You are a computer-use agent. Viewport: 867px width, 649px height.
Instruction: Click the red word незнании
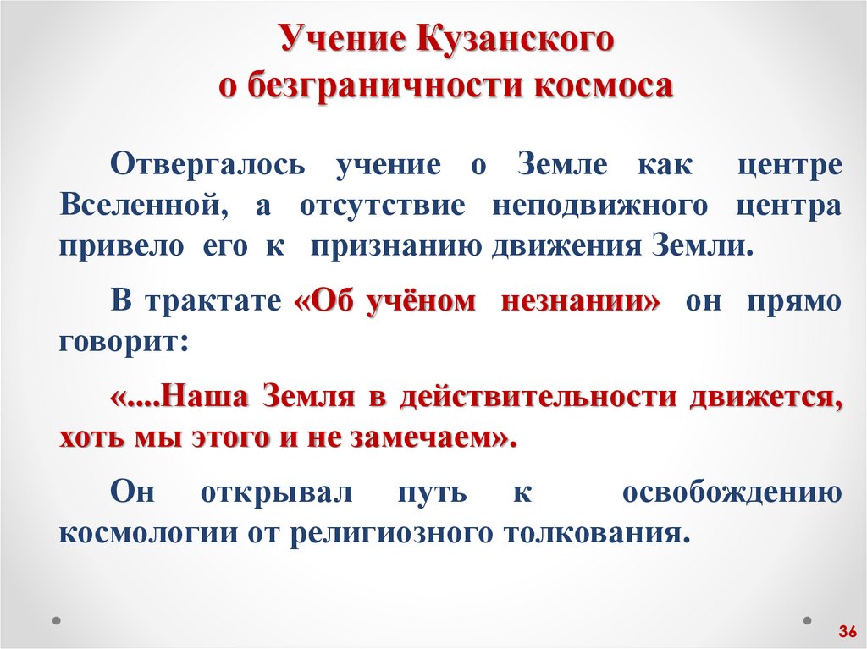point(579,302)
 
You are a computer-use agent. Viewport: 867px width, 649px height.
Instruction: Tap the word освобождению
point(732,492)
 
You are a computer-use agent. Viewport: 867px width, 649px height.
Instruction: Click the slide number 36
point(848,631)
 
